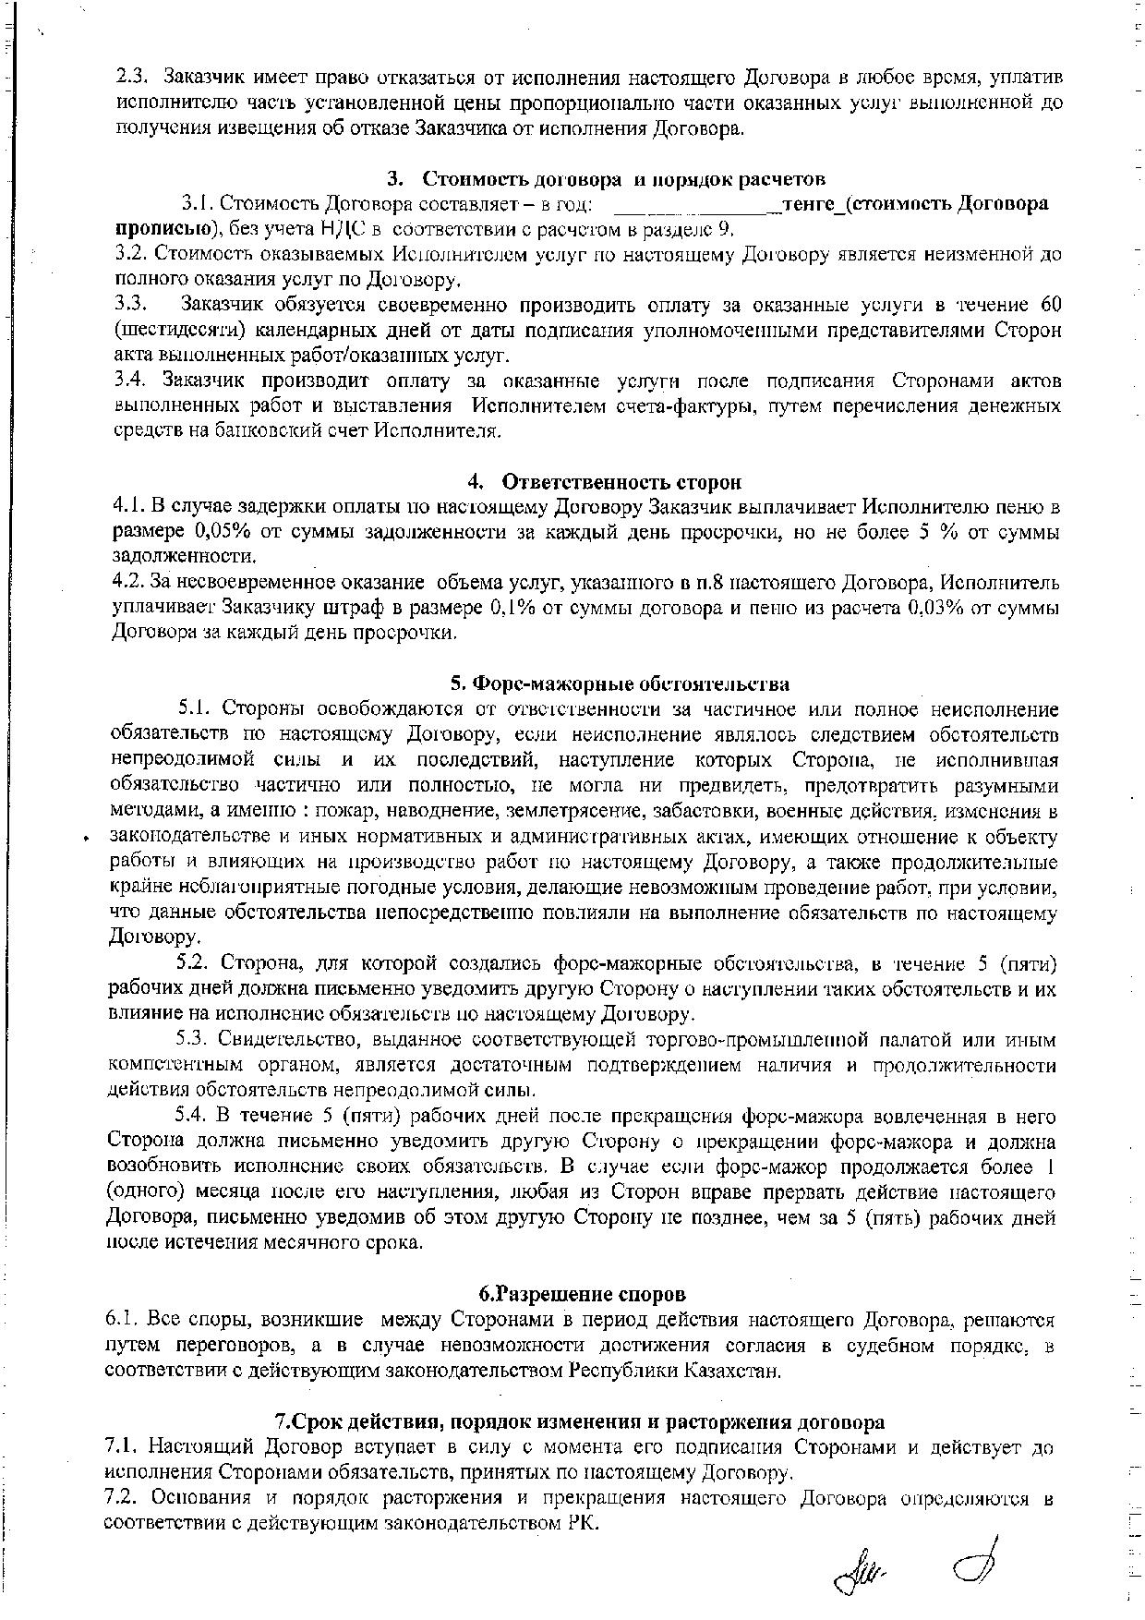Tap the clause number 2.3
(132, 77)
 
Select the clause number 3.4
(132, 381)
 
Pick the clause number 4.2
(127, 583)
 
